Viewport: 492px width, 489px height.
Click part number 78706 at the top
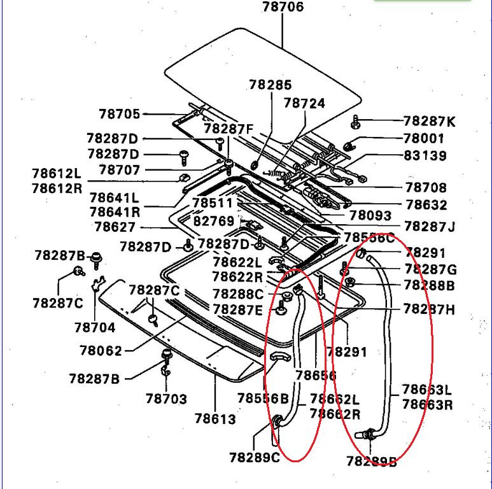283,8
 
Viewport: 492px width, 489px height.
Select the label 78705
119,114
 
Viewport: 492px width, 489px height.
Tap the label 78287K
430,121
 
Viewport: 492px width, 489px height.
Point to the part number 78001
425,138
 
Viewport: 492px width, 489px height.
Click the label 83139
425,155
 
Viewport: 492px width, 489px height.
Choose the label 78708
426,188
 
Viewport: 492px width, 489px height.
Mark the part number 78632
426,205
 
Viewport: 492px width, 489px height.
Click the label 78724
304,103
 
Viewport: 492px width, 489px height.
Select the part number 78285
271,85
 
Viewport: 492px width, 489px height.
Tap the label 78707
119,170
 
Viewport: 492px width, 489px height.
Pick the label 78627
115,227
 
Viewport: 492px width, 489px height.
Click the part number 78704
95,328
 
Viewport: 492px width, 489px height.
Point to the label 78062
101,350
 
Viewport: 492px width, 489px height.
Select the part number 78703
166,399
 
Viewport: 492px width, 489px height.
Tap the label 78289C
255,457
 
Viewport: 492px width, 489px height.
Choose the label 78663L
426,389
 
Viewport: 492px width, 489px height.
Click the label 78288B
430,286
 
